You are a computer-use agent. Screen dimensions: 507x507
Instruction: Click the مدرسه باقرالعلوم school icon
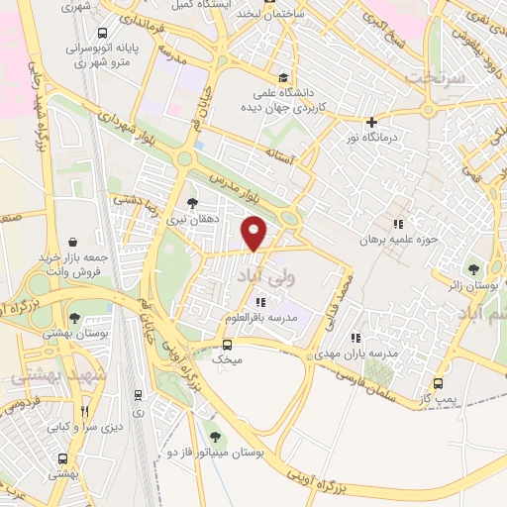(x=260, y=302)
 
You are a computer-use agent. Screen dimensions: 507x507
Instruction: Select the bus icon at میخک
(x=228, y=345)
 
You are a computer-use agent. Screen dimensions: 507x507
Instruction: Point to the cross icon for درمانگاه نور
(x=371, y=123)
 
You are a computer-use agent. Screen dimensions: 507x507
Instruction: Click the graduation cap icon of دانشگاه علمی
(x=284, y=77)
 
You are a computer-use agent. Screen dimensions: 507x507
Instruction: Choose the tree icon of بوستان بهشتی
(x=75, y=318)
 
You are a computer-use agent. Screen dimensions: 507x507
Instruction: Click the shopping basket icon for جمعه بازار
(x=72, y=241)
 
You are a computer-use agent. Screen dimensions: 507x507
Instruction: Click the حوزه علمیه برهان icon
(x=399, y=224)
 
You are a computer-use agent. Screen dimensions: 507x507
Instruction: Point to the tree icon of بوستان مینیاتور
(x=215, y=436)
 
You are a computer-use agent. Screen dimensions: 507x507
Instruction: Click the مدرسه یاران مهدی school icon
(x=354, y=338)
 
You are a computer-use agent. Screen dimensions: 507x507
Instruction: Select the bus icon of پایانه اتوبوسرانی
(x=100, y=30)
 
